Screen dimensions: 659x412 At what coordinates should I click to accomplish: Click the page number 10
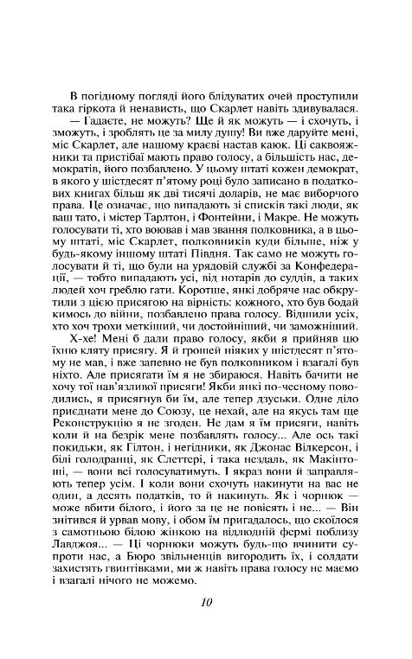(x=206, y=605)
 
